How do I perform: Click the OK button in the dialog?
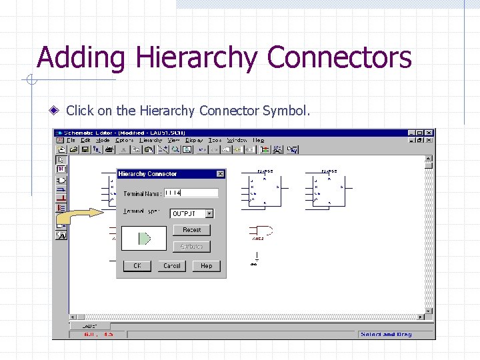click(137, 265)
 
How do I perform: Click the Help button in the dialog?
click(206, 265)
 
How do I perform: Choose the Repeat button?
click(191, 230)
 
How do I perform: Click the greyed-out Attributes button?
click(191, 247)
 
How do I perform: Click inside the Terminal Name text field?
click(191, 193)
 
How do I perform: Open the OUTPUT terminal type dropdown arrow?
click(209, 214)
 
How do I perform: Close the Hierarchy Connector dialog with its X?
click(220, 174)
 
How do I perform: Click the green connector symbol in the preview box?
click(144, 239)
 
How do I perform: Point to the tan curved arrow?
click(85, 216)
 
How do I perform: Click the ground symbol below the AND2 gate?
click(254, 263)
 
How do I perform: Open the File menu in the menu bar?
click(70, 141)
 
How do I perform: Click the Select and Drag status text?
click(386, 334)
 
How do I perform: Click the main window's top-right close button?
click(429, 133)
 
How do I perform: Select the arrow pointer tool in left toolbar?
click(61, 159)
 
